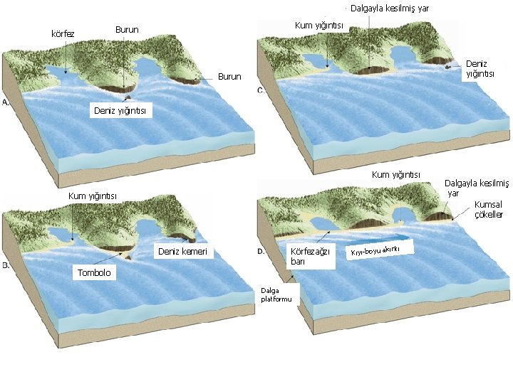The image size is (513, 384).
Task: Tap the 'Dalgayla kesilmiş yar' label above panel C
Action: click(390, 9)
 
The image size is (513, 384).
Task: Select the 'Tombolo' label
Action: click(95, 273)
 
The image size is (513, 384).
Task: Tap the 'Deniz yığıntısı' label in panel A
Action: click(122, 110)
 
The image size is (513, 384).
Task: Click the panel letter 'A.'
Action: click(6, 103)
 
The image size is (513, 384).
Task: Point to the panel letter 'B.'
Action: click(6, 265)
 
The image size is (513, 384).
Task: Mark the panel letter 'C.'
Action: click(261, 90)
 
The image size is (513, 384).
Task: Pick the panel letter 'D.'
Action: click(261, 251)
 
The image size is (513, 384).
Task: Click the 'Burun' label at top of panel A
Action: click(127, 30)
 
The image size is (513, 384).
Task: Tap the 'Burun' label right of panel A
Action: click(229, 76)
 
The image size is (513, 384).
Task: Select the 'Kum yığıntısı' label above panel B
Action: click(93, 196)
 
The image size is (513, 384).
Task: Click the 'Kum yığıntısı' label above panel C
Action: click(319, 26)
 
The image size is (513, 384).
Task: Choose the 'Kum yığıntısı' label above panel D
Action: click(396, 174)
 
